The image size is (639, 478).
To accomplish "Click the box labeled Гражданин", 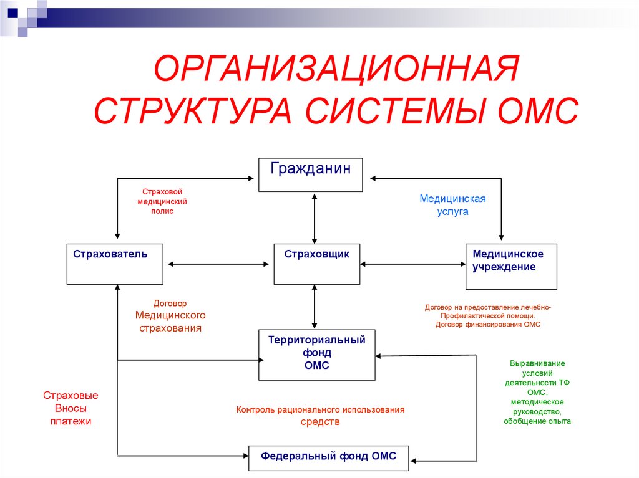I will point(311,174).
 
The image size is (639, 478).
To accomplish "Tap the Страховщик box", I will point(316,264).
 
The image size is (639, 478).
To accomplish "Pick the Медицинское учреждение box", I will point(511,266).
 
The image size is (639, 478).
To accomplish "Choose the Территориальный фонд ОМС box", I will point(316,355).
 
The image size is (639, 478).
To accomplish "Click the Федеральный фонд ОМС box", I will point(328,457).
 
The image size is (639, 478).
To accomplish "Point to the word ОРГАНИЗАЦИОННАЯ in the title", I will point(336,69).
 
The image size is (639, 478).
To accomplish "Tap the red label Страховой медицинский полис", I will point(162,202).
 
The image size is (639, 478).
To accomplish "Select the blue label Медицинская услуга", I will point(452,205).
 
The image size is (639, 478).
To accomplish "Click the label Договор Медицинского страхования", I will point(170,316).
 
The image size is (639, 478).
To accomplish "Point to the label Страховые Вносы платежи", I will point(71,408).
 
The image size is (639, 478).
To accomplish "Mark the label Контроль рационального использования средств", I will point(320,416).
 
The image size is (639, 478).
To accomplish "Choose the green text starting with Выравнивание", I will point(537,392).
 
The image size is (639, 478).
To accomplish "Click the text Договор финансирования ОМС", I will point(487,325).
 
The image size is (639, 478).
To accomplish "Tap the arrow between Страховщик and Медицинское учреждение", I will point(412,264).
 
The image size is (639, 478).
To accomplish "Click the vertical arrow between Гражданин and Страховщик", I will point(315,217).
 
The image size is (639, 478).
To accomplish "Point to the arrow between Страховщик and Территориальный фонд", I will point(315,307).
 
